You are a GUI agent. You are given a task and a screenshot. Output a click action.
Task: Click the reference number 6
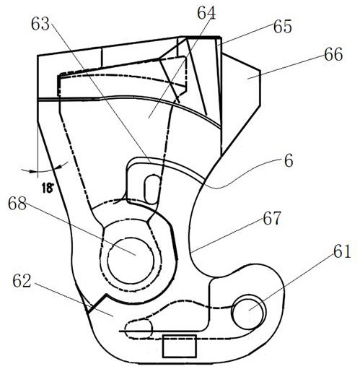[288, 162]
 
